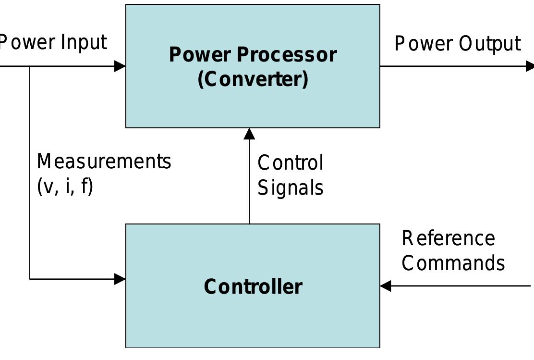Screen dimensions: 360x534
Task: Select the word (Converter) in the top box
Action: point(253,79)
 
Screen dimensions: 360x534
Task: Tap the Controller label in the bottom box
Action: point(253,286)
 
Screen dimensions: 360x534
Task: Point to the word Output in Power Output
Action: point(489,44)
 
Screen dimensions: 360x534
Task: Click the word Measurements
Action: point(104,162)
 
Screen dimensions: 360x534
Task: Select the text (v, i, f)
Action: point(65,186)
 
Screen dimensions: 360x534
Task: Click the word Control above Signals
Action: point(290,163)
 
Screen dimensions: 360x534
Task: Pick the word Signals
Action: point(290,187)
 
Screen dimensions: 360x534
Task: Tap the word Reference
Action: point(448,238)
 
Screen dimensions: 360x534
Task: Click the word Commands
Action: point(453,263)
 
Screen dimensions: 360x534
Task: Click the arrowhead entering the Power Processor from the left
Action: point(120,66)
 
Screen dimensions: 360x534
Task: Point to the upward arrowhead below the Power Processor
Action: point(249,134)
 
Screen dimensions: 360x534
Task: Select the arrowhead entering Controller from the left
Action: point(120,279)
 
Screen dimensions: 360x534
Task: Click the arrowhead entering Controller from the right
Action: point(386,286)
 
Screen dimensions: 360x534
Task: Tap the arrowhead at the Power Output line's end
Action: point(530,66)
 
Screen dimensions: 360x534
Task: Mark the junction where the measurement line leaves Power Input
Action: point(30,66)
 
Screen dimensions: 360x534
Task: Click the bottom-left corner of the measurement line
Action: point(30,279)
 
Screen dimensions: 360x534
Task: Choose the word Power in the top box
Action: point(201,55)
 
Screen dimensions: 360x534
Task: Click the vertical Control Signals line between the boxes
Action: point(249,183)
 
